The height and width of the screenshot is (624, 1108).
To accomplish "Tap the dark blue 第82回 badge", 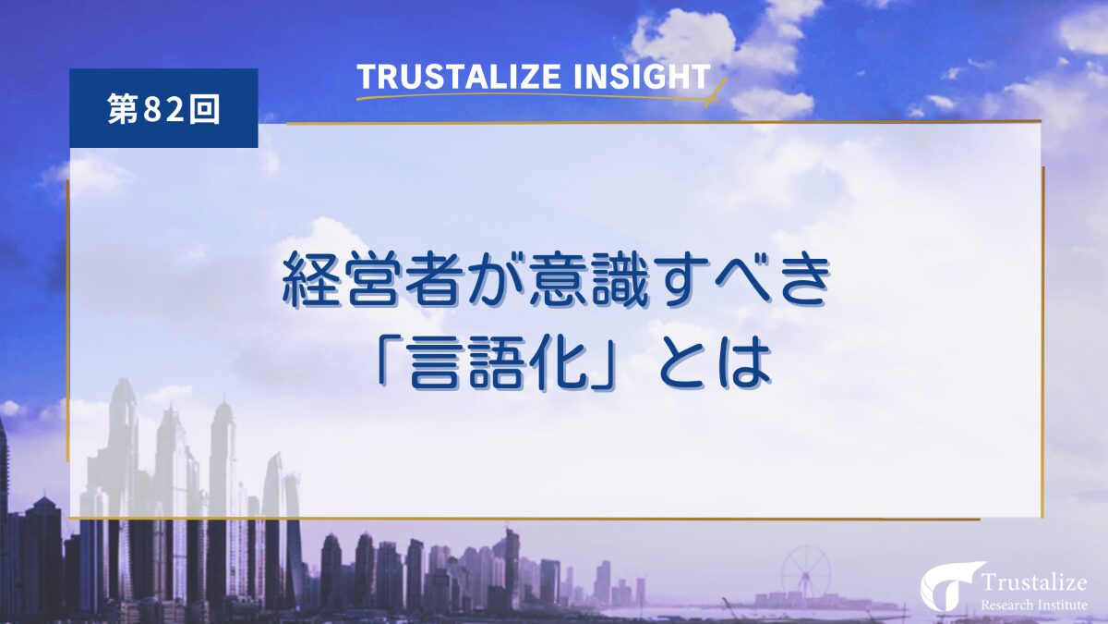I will click(x=163, y=108).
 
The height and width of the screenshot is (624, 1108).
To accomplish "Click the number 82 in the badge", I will click(x=164, y=109).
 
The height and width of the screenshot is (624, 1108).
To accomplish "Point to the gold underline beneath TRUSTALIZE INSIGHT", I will click(x=536, y=95).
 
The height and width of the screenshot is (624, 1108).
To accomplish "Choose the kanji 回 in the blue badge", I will click(x=207, y=109).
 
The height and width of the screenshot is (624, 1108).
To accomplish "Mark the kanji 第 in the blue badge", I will click(x=121, y=109).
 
